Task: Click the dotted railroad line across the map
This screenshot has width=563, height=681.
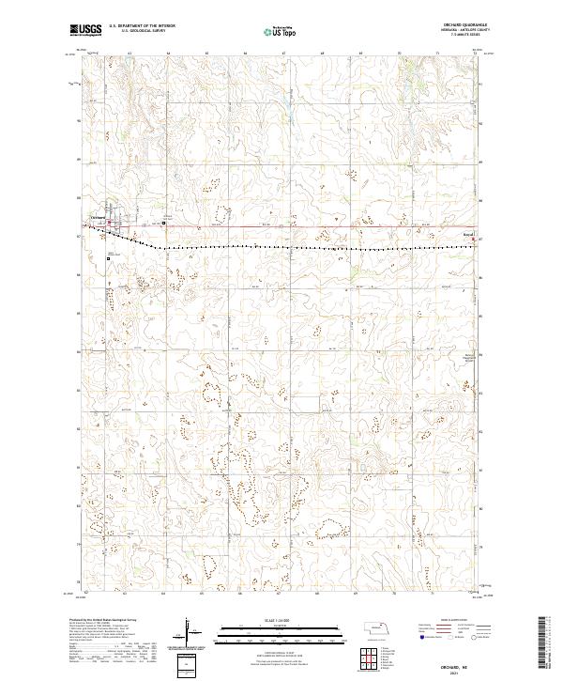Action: pos(281,248)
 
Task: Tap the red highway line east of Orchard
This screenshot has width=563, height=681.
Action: pos(281,226)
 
